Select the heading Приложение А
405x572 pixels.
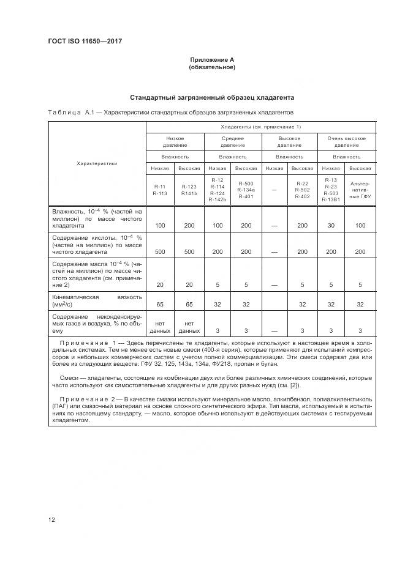[x=212, y=59]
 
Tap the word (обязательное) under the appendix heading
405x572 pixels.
[x=212, y=67]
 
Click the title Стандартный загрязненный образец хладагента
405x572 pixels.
[x=212, y=97]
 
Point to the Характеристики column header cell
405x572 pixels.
[x=97, y=163]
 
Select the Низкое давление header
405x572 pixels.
[x=175, y=142]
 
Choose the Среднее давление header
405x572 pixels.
[x=233, y=142]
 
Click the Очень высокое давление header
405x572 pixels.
[x=347, y=142]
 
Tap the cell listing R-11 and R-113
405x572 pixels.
[x=160, y=190]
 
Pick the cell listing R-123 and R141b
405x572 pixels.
[x=189, y=190]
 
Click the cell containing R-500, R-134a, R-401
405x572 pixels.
[x=246, y=190]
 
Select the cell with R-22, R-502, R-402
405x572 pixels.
[x=302, y=190]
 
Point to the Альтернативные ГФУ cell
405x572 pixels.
[x=360, y=190]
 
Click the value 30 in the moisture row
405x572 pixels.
[x=331, y=226]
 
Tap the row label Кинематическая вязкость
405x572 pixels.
[x=97, y=300]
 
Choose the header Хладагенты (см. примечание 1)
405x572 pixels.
[x=260, y=127]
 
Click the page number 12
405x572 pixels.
[x=51, y=520]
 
